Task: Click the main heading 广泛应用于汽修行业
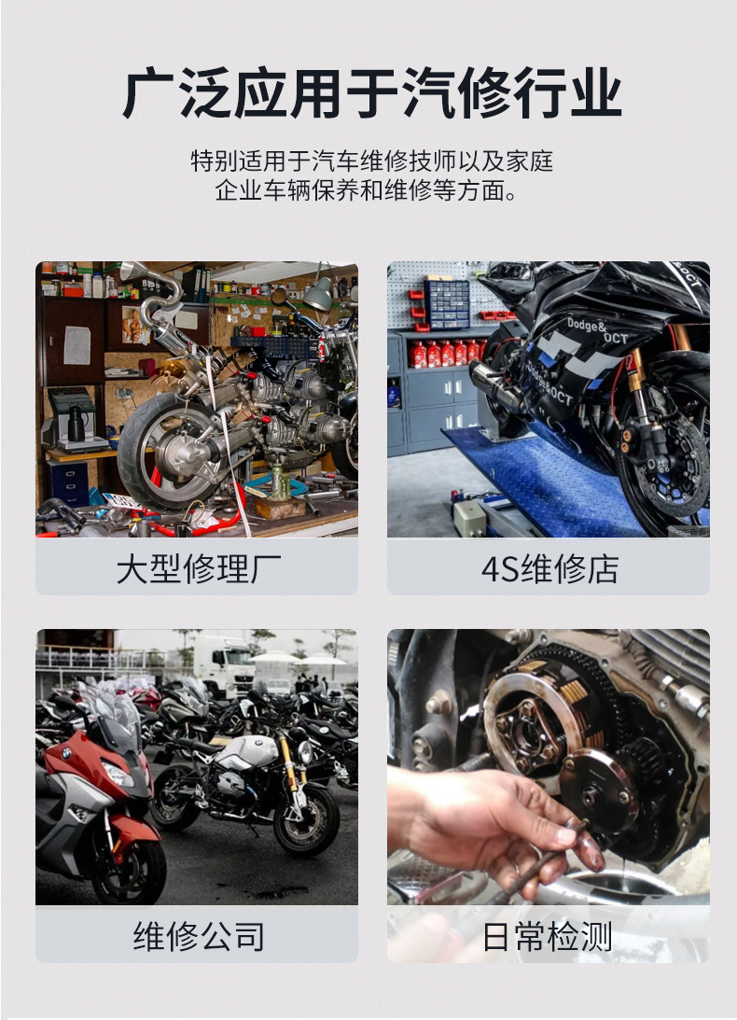[x=371, y=93]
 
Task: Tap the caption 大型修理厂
[x=198, y=568]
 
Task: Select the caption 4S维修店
[x=549, y=568]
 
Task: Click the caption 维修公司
[x=199, y=936]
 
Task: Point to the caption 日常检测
[x=547, y=936]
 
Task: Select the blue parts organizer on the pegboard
[x=447, y=304]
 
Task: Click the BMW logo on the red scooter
[x=66, y=753]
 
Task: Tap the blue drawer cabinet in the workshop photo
[x=67, y=482]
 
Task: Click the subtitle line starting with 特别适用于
[x=371, y=161]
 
